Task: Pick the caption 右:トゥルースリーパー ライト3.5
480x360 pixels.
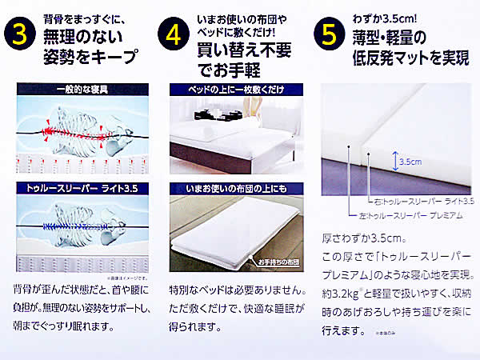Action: tap(423, 200)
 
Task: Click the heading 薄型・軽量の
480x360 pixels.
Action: tap(398, 37)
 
